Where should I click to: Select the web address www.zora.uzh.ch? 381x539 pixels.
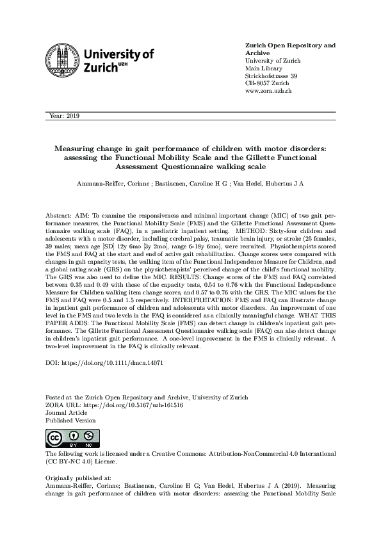click(x=269, y=92)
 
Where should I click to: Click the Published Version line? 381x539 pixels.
click(x=71, y=421)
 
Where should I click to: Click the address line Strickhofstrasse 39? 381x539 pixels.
click(x=271, y=76)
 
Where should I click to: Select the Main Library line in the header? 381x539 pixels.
click(x=263, y=68)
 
